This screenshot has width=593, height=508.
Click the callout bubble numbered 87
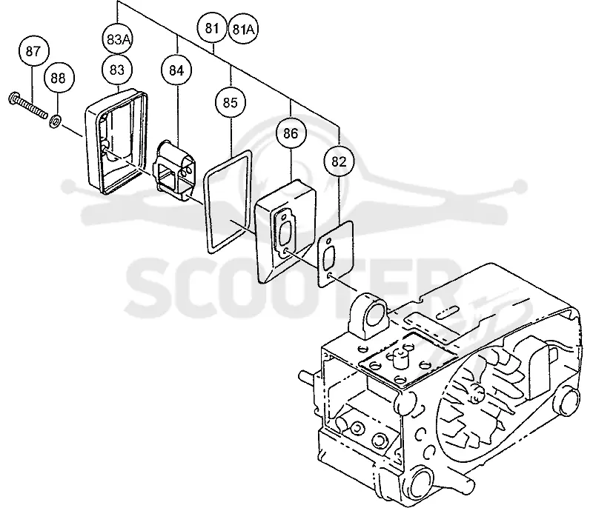tap(33, 51)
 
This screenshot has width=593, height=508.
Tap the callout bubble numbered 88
tap(59, 78)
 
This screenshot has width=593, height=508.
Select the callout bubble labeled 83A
tap(118, 39)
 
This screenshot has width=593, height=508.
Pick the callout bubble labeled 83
tap(117, 70)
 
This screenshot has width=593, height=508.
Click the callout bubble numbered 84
tap(176, 70)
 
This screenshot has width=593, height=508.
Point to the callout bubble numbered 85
tap(231, 103)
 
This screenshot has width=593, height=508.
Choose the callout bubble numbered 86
tap(291, 134)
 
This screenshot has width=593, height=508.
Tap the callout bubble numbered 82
tap(339, 161)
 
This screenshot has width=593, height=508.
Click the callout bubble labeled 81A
tap(244, 29)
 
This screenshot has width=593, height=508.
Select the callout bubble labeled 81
tap(213, 28)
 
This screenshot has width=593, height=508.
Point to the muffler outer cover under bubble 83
tap(116, 141)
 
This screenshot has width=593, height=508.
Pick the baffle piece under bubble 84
tap(174, 170)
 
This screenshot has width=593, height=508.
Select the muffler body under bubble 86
tap(286, 231)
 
